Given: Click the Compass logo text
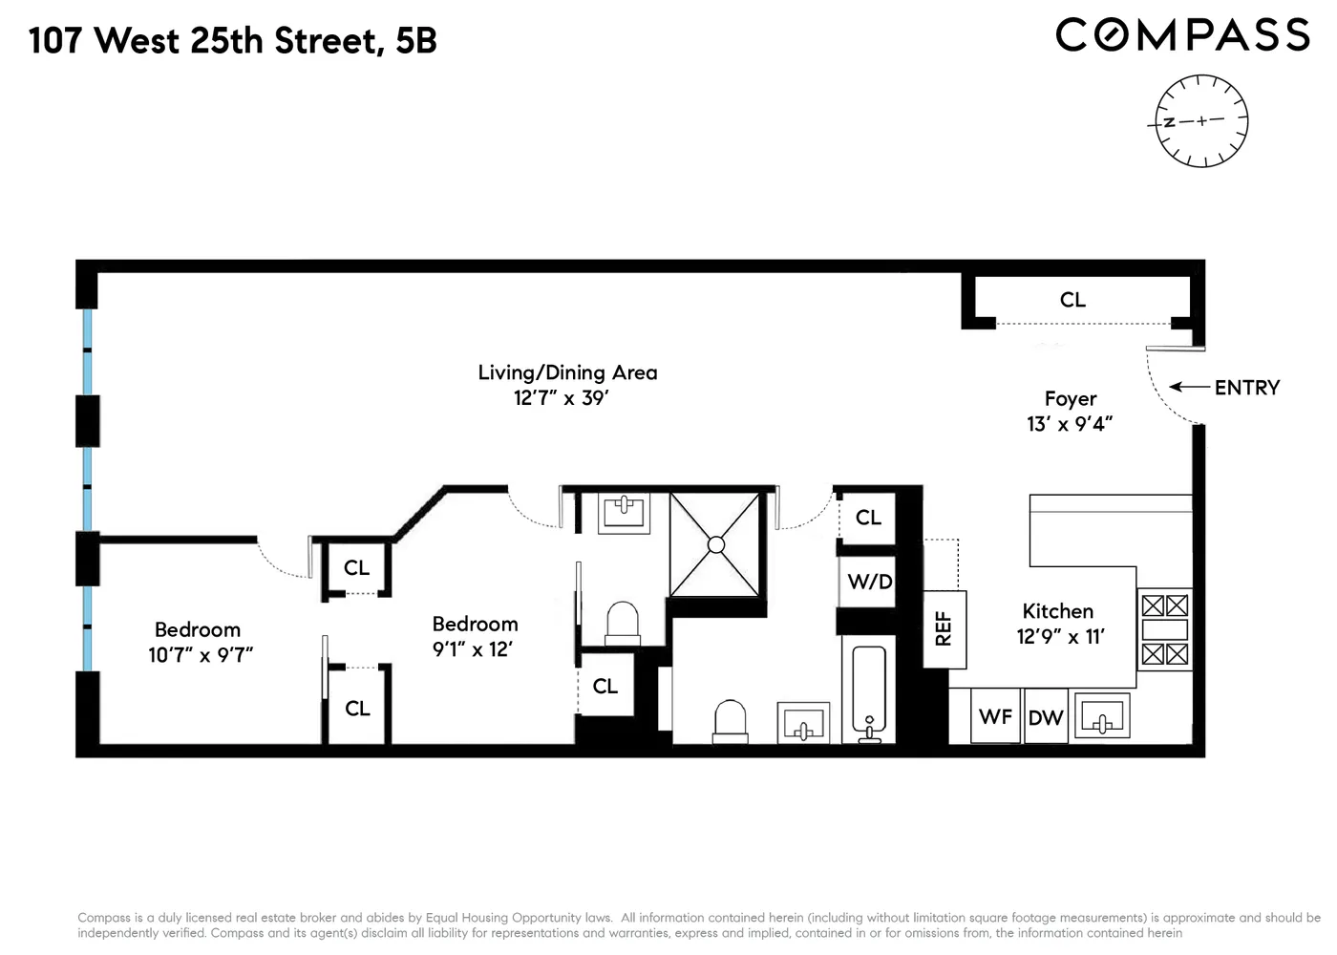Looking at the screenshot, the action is point(1182,35).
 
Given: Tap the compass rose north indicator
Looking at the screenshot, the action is point(1169,123).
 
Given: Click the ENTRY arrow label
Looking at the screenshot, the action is point(1245,388).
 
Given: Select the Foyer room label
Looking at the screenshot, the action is point(1071,399).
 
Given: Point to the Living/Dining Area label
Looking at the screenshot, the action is point(567,372).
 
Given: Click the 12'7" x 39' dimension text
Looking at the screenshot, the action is point(562,398).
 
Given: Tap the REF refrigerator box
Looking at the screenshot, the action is point(944,628).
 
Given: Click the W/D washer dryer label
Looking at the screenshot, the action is point(869,582).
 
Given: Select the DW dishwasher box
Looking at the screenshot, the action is point(1046,717).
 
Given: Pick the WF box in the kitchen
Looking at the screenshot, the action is point(995,716).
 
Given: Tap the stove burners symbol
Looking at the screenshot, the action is point(1165,629).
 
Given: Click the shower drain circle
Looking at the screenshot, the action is point(715,545).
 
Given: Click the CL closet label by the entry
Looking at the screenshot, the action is point(1072,300).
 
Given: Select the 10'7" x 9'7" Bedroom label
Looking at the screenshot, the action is point(199,643).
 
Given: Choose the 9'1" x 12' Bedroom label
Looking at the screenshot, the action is point(475,637).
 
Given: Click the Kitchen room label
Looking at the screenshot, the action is point(1057,611).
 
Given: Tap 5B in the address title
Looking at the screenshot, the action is point(416,41).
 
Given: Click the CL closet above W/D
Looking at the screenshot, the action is point(868,518).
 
